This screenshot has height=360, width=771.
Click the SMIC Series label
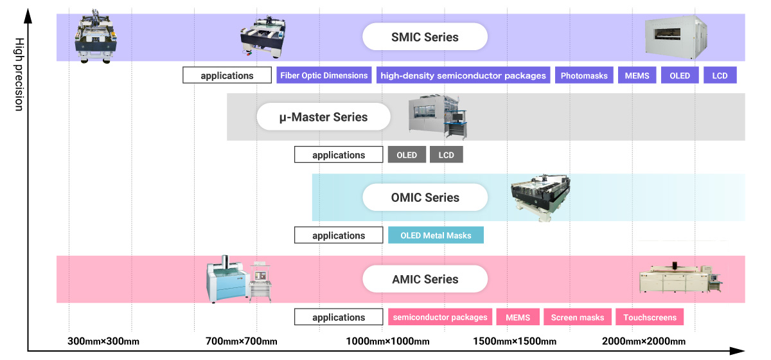[x=425, y=37]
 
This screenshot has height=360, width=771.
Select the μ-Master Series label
[x=324, y=117]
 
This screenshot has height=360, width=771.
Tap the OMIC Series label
[x=425, y=197]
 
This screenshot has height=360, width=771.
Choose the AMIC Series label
[x=425, y=279]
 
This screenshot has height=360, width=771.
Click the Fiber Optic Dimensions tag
[x=324, y=75]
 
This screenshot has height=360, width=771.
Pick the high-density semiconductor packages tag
[x=463, y=75]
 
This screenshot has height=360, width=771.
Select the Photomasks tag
[x=584, y=75]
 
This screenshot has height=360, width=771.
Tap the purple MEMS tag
[x=637, y=75]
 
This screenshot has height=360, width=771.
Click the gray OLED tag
[x=407, y=155]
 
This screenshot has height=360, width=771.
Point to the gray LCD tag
[x=447, y=155]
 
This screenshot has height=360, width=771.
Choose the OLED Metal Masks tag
[x=436, y=235]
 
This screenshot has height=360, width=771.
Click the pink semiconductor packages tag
[x=440, y=317]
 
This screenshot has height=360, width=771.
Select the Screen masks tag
[x=578, y=317]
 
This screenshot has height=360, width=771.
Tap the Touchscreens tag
[x=650, y=317]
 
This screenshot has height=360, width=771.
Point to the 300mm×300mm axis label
[x=103, y=341]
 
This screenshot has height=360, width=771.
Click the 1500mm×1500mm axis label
[x=515, y=341]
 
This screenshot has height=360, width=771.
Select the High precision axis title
[x=19, y=75]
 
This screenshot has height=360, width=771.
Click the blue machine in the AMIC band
[x=228, y=280]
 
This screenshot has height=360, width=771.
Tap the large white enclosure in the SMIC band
[x=676, y=37]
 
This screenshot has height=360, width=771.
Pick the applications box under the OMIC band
[x=339, y=235]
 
